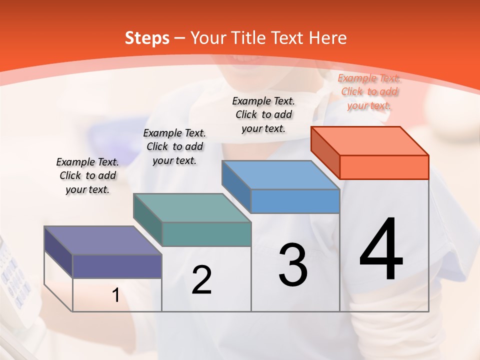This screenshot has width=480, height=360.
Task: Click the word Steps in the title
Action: tap(147, 38)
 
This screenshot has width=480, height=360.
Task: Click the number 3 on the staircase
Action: tap(293, 265)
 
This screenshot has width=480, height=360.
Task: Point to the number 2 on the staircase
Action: tap(201, 280)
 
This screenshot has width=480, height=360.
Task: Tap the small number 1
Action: tap(116, 295)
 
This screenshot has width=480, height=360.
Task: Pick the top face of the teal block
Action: tap(192, 208)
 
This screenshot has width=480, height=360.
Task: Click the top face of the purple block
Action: tap(103, 240)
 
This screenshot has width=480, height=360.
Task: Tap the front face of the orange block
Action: tap(384, 167)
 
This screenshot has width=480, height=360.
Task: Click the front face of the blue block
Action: tap(295, 201)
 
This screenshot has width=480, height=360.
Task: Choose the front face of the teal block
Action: tap(206, 234)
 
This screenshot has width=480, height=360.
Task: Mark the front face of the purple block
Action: tap(117, 266)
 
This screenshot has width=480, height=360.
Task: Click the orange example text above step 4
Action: tap(369, 91)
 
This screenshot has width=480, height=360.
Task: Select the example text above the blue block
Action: tap(263, 114)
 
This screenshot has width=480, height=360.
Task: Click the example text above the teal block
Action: tap(174, 146)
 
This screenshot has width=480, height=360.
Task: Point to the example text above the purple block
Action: tap(87, 175)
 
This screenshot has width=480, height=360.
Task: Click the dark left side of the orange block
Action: tap(325, 152)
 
